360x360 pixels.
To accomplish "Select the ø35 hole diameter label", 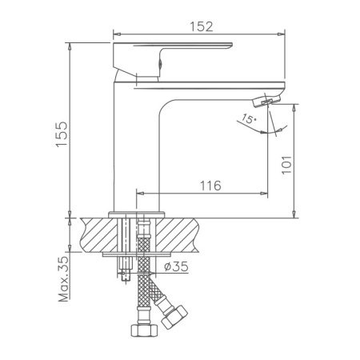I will [175, 267].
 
